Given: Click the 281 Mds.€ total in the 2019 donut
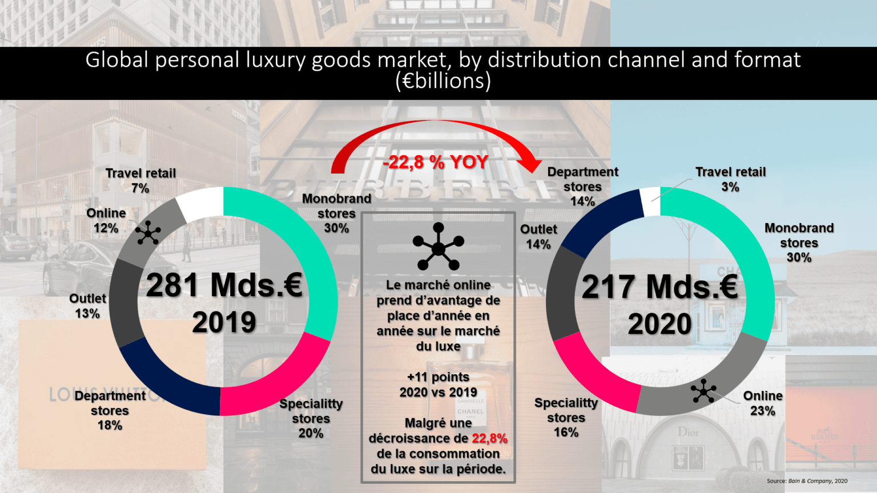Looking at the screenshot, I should click(224, 285).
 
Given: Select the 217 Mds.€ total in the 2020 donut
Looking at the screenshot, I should click(660, 286).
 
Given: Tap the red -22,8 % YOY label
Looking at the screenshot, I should click(436, 162).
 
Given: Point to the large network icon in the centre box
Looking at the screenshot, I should click(438, 247).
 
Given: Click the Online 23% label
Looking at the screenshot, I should click(763, 403).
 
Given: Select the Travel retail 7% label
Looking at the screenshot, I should click(140, 180).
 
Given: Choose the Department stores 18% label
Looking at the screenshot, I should click(110, 410).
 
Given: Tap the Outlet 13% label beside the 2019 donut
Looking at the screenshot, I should click(87, 306).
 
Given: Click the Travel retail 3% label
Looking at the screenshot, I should click(730, 179).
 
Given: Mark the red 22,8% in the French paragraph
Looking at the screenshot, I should click(489, 438).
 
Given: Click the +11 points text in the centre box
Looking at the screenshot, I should click(438, 377).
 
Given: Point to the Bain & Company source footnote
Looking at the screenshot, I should click(807, 481).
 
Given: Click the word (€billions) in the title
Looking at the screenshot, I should click(443, 81).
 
